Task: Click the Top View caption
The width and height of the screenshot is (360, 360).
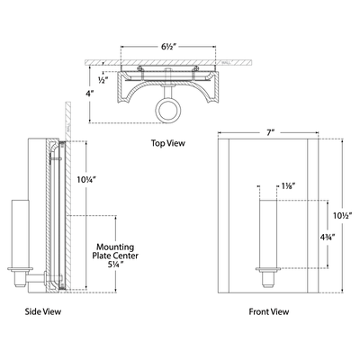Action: (x=169, y=142)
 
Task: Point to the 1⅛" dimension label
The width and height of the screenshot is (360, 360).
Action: (x=290, y=185)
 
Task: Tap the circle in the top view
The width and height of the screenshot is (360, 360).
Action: (x=169, y=112)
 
